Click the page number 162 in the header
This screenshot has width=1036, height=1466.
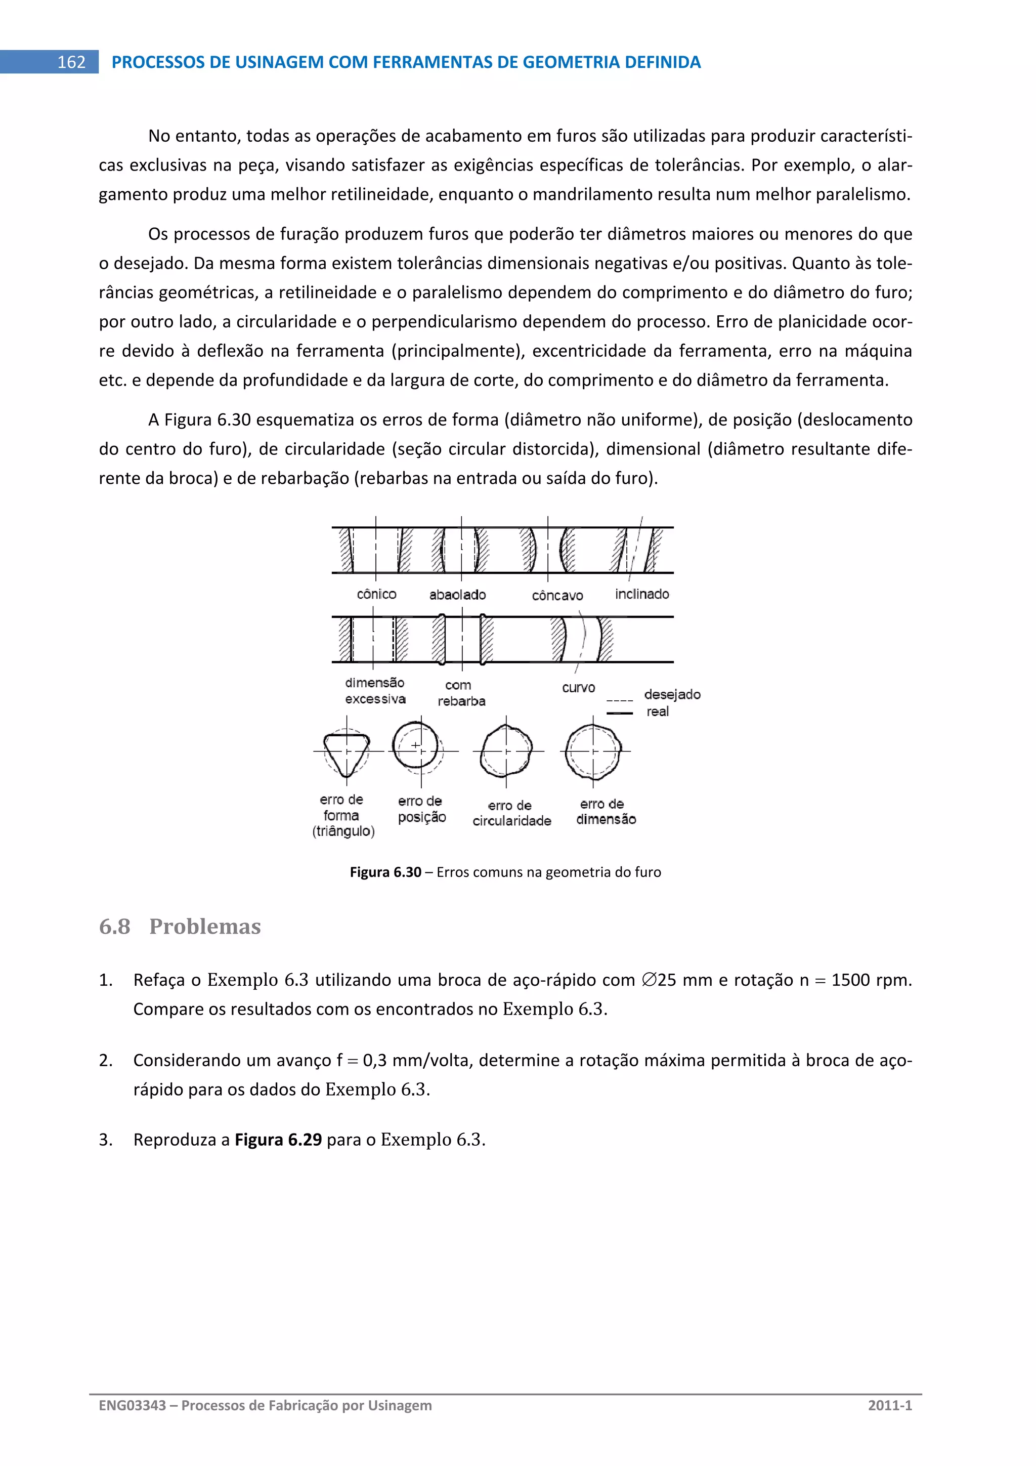71,62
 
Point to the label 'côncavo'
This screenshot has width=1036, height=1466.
557,596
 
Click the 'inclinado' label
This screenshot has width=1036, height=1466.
641,594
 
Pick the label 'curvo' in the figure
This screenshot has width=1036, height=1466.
578,688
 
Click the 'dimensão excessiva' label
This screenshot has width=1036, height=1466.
375,691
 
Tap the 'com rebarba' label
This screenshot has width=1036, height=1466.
461,693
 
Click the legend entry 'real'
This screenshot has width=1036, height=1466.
658,711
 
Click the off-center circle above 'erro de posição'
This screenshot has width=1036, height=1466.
415,746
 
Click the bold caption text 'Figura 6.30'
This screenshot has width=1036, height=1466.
385,872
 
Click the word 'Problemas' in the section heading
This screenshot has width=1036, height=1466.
204,927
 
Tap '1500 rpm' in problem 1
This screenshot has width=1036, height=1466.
871,980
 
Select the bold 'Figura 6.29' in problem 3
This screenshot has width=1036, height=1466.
278,1140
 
